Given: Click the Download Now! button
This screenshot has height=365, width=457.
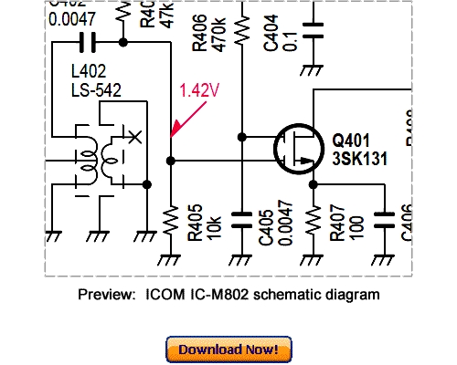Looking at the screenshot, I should (x=228, y=349).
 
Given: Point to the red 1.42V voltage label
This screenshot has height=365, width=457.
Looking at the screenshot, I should (x=198, y=90).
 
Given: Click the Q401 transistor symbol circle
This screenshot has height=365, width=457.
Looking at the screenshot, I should (x=301, y=149).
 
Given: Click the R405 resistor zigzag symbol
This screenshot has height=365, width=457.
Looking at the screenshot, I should (x=171, y=219).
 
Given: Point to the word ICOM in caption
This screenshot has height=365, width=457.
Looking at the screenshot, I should (x=156, y=295).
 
